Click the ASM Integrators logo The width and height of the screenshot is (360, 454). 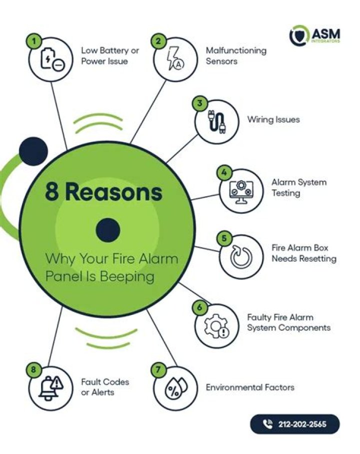[315, 35]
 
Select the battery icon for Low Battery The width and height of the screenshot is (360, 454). [52, 60]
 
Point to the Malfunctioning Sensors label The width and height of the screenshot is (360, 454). [236, 56]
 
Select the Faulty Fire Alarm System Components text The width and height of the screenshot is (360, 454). [288, 322]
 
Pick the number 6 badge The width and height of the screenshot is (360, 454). [199, 307]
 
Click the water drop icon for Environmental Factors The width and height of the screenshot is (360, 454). [175, 388]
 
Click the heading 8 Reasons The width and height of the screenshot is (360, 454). [103, 192]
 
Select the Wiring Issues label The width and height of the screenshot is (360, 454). [273, 120]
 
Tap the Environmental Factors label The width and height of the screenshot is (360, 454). [250, 387]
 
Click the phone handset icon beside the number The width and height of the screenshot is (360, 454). [268, 424]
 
